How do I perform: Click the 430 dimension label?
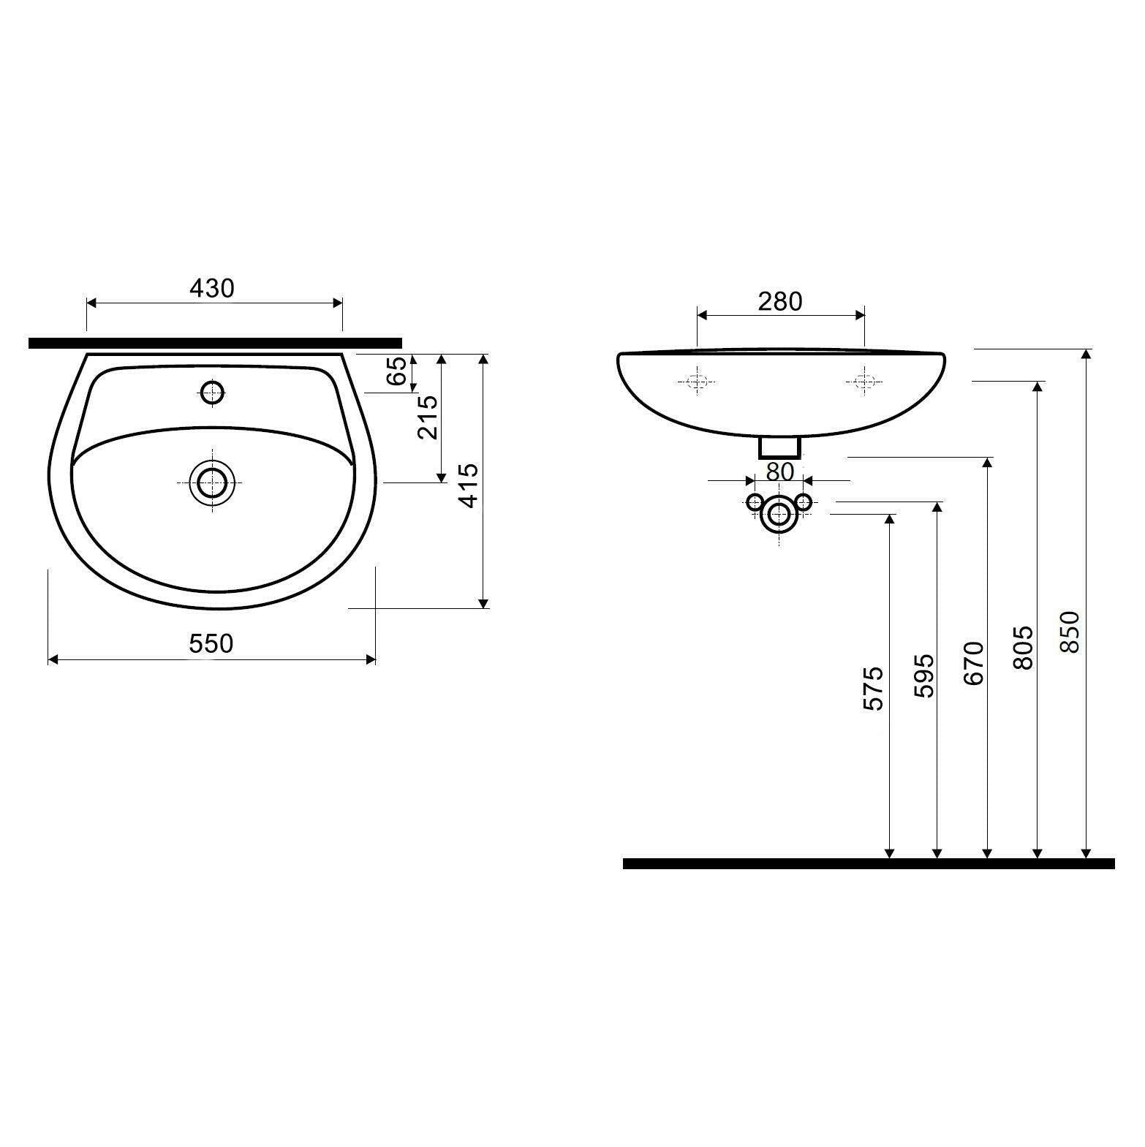coord(212,289)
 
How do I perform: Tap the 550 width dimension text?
coord(211,643)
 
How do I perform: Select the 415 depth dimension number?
coord(469,485)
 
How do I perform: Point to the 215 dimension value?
coord(427,417)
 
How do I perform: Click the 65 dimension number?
coord(396,372)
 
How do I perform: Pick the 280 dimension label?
coord(780,301)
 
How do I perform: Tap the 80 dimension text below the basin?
coord(780,472)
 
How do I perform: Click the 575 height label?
coord(874,688)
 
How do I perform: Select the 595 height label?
coord(924,676)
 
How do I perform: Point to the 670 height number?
coord(974,663)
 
